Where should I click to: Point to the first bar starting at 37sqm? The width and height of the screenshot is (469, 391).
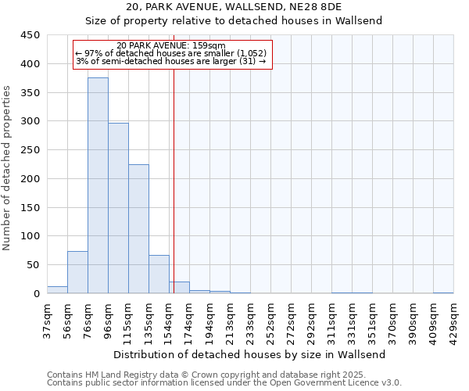point(57,289)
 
